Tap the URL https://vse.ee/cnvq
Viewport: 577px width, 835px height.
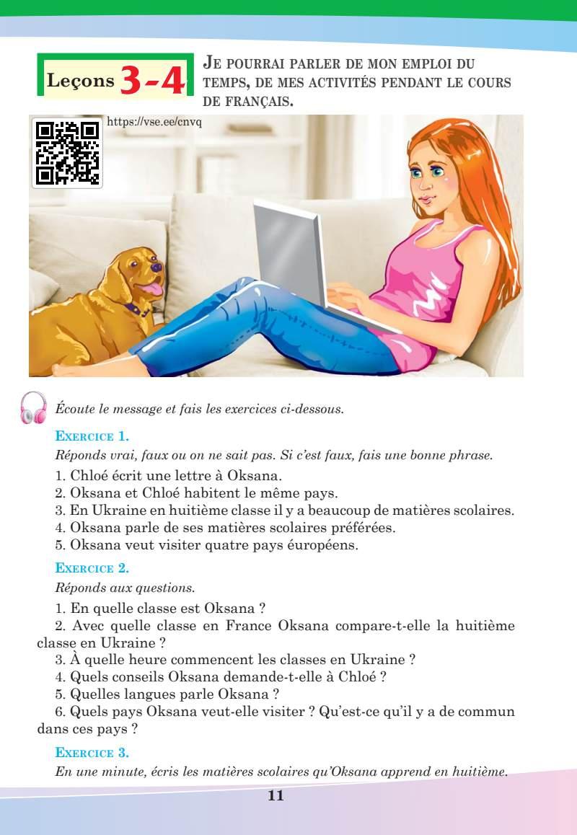pos(154,122)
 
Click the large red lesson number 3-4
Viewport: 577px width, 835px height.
pos(152,80)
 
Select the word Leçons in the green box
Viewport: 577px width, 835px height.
pos(80,81)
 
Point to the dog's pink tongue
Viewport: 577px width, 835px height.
pos(154,290)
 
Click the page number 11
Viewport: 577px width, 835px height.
pos(276,796)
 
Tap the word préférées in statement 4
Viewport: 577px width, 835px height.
pos(361,528)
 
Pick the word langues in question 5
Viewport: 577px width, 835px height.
pos(144,695)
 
